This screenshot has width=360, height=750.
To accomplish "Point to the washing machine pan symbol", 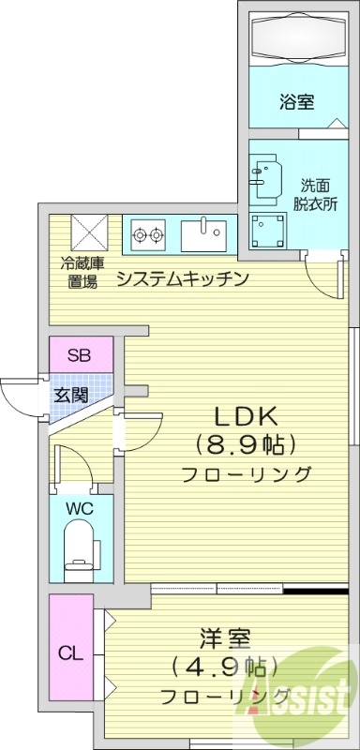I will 270,229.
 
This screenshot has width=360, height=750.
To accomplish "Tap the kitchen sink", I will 204,234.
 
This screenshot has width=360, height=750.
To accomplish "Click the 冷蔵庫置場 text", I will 82,273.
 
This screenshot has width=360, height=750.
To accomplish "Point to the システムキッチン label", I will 182,277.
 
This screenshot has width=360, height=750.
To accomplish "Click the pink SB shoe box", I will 81,355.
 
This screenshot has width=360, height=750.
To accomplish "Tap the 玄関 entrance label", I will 69,395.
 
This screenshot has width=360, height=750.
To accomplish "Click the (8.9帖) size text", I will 246,443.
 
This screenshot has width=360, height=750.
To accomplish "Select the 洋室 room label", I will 224,639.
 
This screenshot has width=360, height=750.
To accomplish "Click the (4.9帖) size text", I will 224,667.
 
